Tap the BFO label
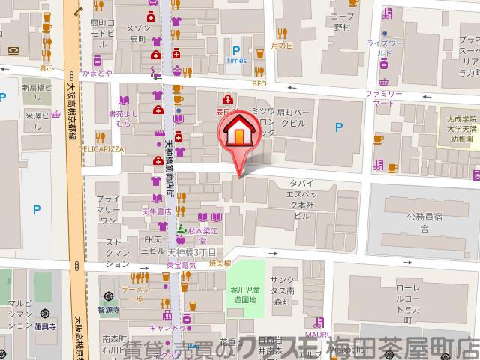259,83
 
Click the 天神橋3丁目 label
192,252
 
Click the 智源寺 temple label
109,308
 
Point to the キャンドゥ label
167,328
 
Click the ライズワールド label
384,49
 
